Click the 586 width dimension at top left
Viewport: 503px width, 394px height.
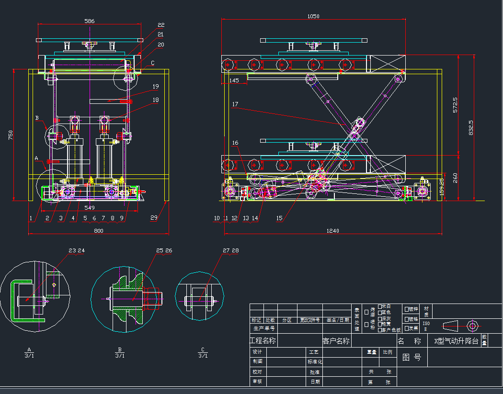click(89, 21)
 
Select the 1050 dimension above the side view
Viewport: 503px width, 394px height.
click(313, 16)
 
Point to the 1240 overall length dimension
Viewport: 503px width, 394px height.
click(332, 231)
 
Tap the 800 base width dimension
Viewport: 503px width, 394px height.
click(98, 231)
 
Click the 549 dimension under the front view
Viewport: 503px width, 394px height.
click(89, 208)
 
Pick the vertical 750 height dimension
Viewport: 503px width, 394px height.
click(11, 135)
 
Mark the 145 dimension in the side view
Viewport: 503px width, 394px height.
click(234, 80)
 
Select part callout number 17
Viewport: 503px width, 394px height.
click(235, 104)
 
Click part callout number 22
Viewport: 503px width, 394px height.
click(161, 25)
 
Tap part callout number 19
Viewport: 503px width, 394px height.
click(155, 86)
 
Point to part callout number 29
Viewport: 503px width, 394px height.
click(153, 218)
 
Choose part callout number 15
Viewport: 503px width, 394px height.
click(279, 218)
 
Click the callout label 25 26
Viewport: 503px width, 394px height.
click(164, 250)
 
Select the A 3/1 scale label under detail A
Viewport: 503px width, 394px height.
click(29, 352)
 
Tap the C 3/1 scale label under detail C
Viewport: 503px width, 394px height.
click(203, 352)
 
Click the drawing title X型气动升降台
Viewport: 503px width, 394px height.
click(456, 341)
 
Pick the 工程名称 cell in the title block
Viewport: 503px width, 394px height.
click(263, 341)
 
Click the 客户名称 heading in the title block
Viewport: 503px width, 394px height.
click(336, 341)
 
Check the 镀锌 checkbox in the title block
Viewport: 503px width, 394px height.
click(407, 309)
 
